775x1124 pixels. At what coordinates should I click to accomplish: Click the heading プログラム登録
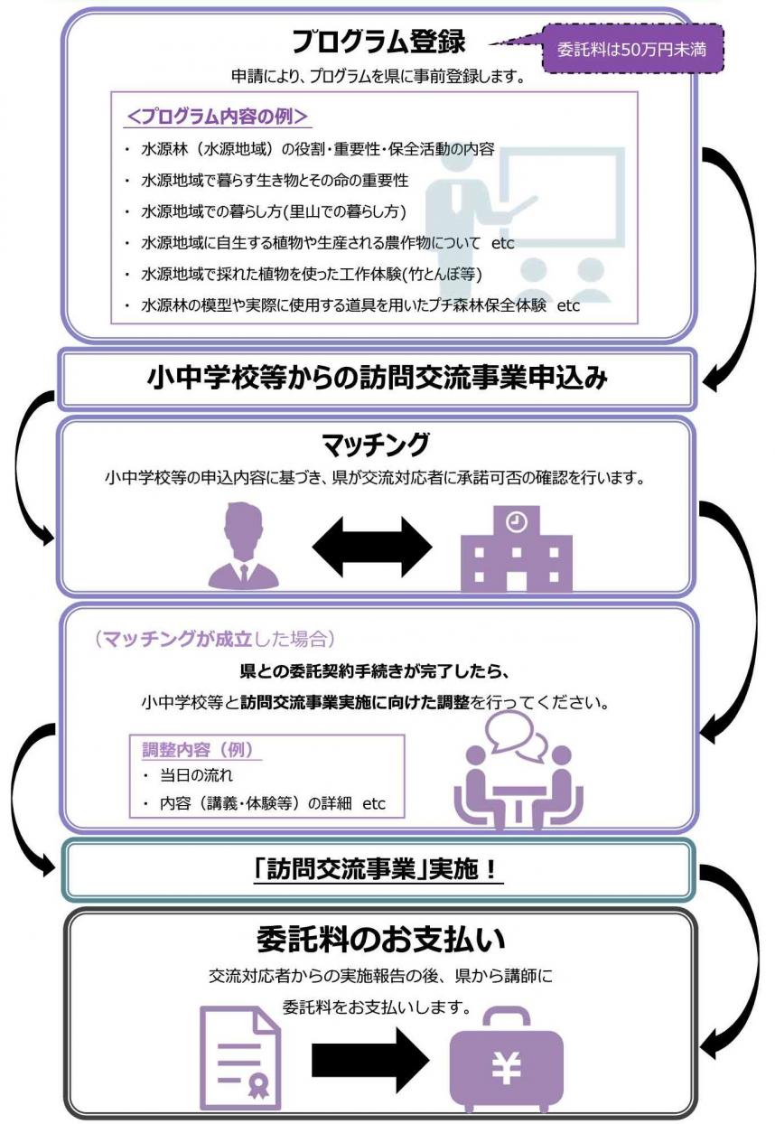(x=378, y=41)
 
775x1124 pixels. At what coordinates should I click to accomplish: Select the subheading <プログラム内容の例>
(x=218, y=117)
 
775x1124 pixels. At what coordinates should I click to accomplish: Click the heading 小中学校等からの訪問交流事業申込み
(x=378, y=379)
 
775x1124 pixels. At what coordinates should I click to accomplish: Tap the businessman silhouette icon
(x=242, y=547)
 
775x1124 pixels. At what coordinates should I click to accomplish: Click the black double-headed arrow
(x=372, y=547)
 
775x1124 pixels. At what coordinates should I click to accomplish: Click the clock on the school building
(x=516, y=521)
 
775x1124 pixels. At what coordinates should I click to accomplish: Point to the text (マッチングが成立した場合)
(x=215, y=640)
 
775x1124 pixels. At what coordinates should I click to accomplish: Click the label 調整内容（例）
(x=197, y=750)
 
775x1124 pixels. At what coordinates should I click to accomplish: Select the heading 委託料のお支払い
(x=378, y=939)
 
